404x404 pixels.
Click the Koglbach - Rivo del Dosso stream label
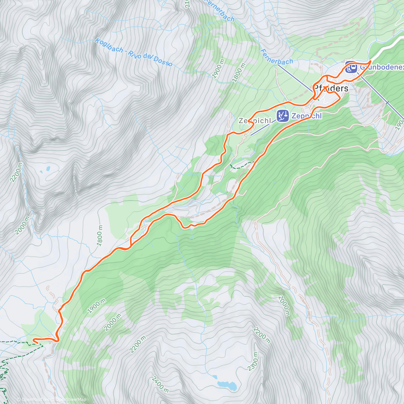coord(134,52)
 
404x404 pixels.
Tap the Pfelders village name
coord(331,89)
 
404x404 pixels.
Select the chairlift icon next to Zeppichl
coord(282,115)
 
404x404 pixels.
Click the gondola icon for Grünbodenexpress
coord(351,67)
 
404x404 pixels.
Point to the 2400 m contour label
coord(160,384)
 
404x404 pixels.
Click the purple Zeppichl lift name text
coord(306,116)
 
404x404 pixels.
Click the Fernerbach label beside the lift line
coord(277,57)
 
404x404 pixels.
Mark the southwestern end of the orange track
coord(34,341)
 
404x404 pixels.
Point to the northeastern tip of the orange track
coord(370,61)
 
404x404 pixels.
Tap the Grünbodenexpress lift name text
coord(381,67)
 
